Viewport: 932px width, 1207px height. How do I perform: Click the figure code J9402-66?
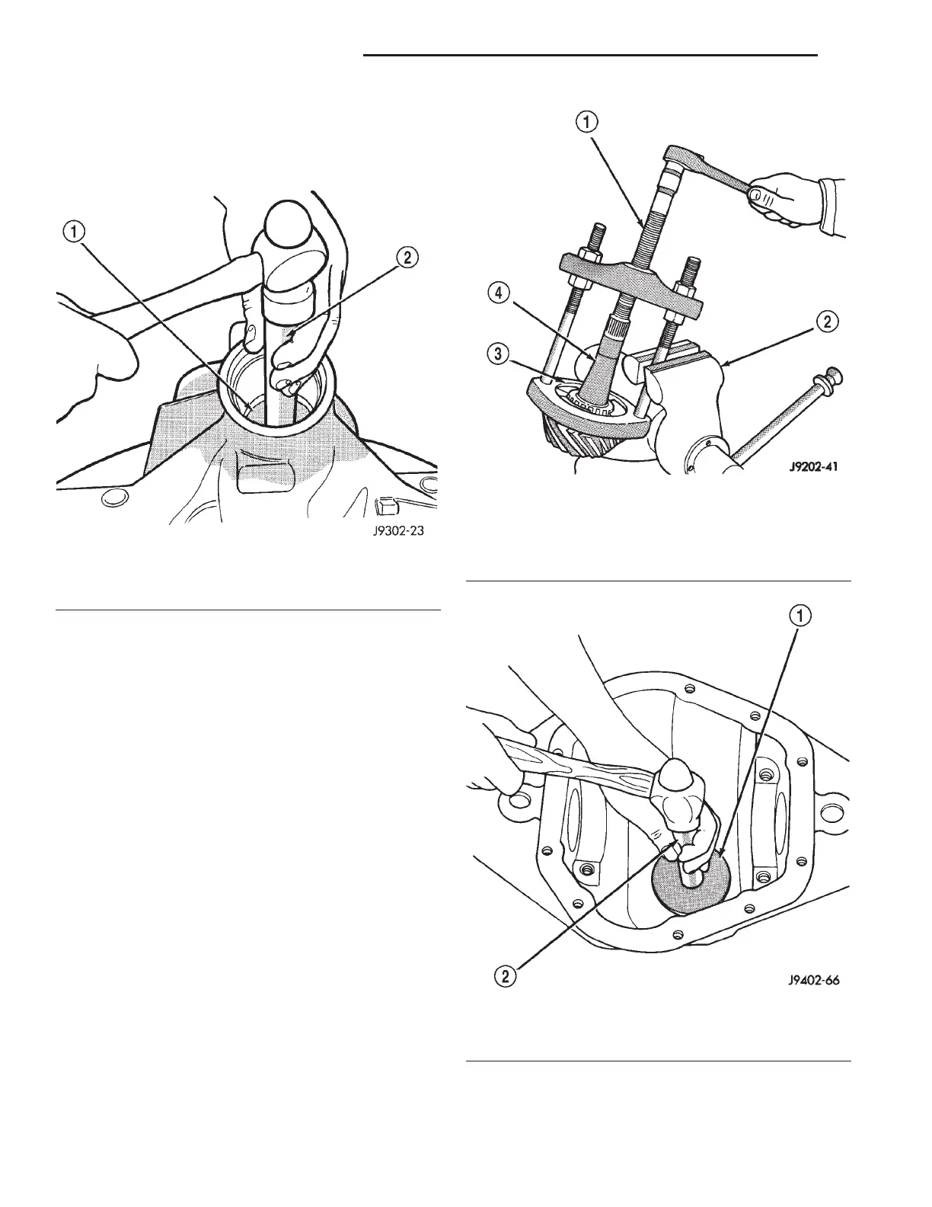coord(813,981)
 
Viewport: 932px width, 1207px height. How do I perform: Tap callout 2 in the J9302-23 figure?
coord(407,258)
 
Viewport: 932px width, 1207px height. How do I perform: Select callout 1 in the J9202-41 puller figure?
coord(590,121)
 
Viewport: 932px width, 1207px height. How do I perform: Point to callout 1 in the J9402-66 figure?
coord(804,615)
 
